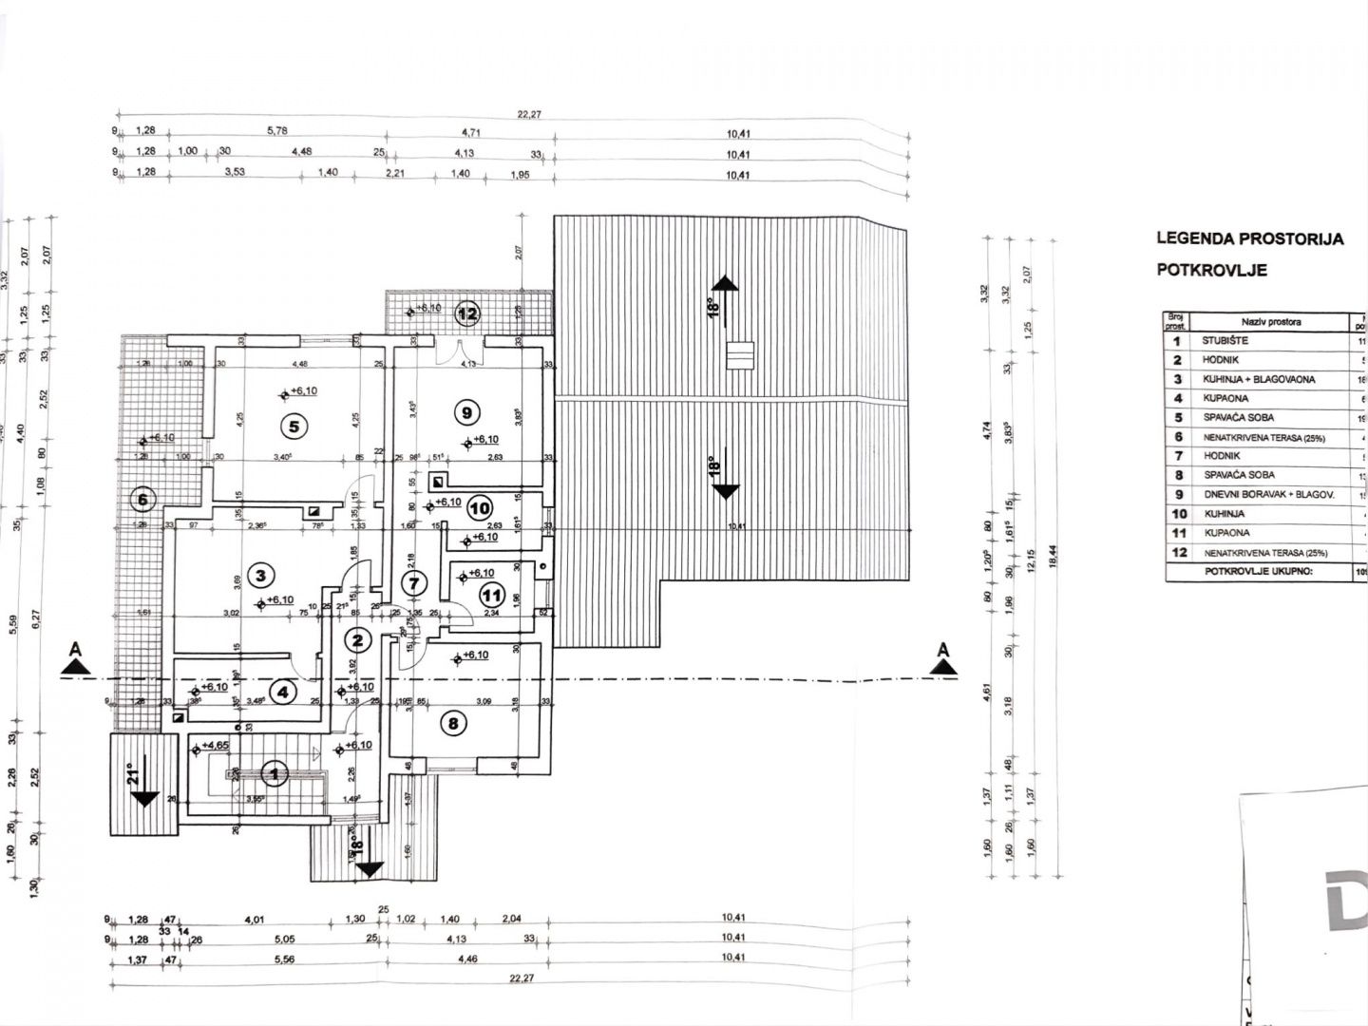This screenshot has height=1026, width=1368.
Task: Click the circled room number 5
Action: (294, 427)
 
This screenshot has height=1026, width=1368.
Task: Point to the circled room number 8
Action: (453, 723)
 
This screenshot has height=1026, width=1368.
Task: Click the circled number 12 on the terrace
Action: (467, 311)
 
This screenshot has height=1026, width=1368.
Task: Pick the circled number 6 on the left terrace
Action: (143, 499)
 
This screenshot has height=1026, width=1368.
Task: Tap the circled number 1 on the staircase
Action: (275, 775)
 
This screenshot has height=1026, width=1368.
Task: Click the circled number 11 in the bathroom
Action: (491, 597)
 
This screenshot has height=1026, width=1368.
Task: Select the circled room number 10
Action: (479, 509)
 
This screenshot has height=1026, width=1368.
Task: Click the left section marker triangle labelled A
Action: (71, 665)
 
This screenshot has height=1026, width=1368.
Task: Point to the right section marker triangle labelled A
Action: (942, 665)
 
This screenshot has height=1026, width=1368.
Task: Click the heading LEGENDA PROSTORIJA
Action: (1249, 238)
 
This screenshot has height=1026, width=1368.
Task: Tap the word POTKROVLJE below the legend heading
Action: (1211, 270)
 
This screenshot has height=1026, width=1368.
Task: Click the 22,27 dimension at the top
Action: (528, 114)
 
